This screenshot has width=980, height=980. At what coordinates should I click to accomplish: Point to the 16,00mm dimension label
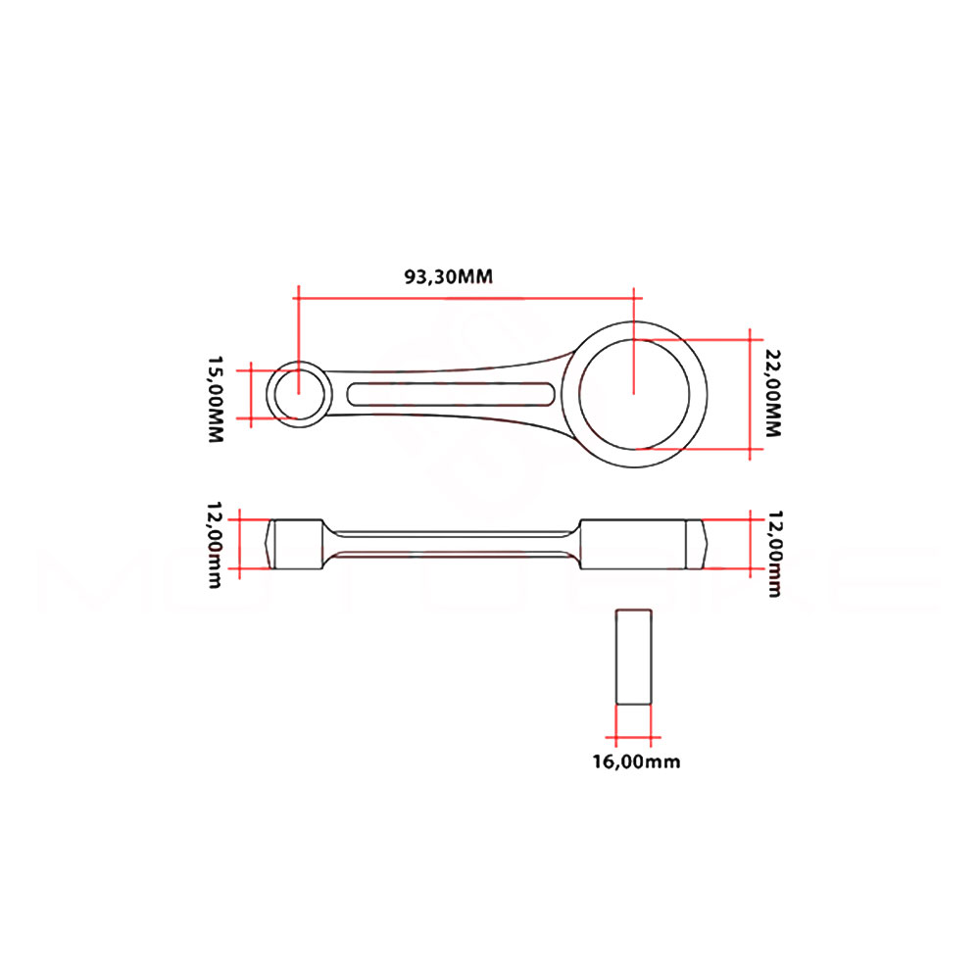pyautogui.click(x=635, y=761)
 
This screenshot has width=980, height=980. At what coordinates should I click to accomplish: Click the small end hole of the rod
pyautogui.click(x=299, y=394)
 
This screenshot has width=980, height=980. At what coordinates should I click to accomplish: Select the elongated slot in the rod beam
pyautogui.click(x=450, y=394)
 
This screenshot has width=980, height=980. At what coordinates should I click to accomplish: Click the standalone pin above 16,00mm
pyautogui.click(x=634, y=656)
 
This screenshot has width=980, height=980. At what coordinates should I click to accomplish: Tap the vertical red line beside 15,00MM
pyautogui.click(x=252, y=393)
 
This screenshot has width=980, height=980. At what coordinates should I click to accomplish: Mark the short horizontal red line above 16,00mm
pyautogui.click(x=634, y=737)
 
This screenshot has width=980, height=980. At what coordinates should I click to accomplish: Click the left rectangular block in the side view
pyautogui.click(x=298, y=543)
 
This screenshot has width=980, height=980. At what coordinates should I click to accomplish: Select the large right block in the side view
pyautogui.click(x=632, y=543)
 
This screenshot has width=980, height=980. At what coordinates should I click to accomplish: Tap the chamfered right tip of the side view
pyautogui.click(x=696, y=543)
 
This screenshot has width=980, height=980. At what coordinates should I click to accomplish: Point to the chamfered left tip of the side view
pyautogui.click(x=271, y=543)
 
